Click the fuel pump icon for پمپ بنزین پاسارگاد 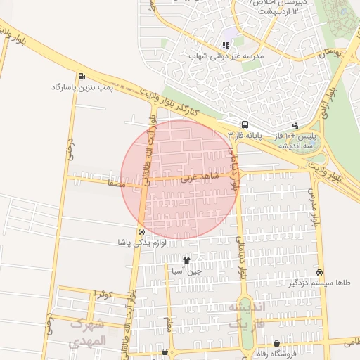(83, 77)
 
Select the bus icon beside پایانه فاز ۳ (244, 124)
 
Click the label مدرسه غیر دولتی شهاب (224, 56)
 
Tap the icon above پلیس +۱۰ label (295, 124)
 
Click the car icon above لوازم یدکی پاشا (142, 231)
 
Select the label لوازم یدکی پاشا (142, 242)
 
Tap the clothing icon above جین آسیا (186, 260)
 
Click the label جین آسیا (186, 271)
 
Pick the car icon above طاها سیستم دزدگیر (320, 272)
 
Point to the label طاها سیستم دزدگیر (320, 283)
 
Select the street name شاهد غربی (195, 179)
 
